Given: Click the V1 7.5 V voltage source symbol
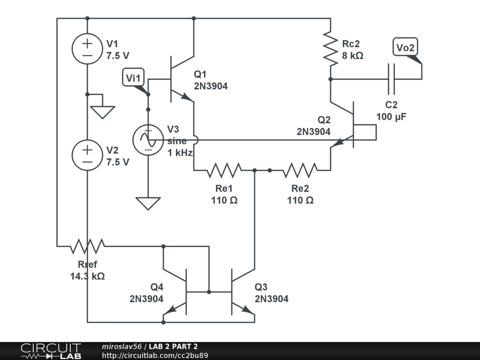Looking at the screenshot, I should [x=87, y=49].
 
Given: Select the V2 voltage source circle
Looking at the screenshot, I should [x=87, y=155].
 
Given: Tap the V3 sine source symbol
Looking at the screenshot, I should [x=148, y=140].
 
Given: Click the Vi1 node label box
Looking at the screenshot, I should [x=134, y=77].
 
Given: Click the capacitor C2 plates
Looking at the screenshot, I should [x=391, y=79].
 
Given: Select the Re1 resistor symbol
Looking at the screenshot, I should [x=224, y=170].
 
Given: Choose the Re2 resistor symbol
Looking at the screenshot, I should [x=300, y=170].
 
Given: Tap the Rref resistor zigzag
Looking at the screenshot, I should [x=87, y=245].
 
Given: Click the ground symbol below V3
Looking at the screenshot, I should [x=148, y=203].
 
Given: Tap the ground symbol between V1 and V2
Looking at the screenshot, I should [x=103, y=112].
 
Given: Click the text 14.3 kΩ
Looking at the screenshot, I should [x=87, y=276].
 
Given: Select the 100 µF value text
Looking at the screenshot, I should [x=391, y=117].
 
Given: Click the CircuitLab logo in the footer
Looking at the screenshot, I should [x=50, y=351].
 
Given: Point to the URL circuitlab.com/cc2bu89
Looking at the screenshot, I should [x=155, y=356].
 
